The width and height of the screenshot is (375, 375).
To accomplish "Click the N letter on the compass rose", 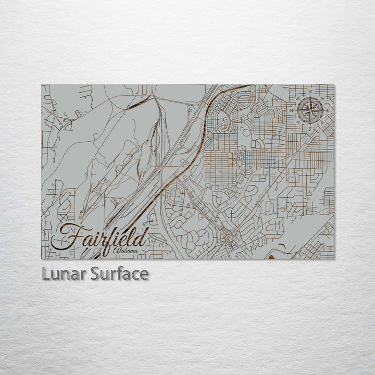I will pos(311,92).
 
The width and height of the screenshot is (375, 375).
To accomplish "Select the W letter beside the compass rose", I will pos(292,110).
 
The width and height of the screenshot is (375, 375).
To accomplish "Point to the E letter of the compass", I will pos(328,110).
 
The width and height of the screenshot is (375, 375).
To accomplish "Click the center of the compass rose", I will pos(310,110).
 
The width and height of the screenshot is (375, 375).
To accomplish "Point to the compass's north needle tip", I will pos(310,97).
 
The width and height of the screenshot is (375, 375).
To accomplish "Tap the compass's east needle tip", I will pos(323,110).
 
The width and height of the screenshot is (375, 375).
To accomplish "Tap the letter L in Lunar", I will pos(46,274).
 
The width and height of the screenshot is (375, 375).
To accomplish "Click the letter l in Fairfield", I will pos(131,237).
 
